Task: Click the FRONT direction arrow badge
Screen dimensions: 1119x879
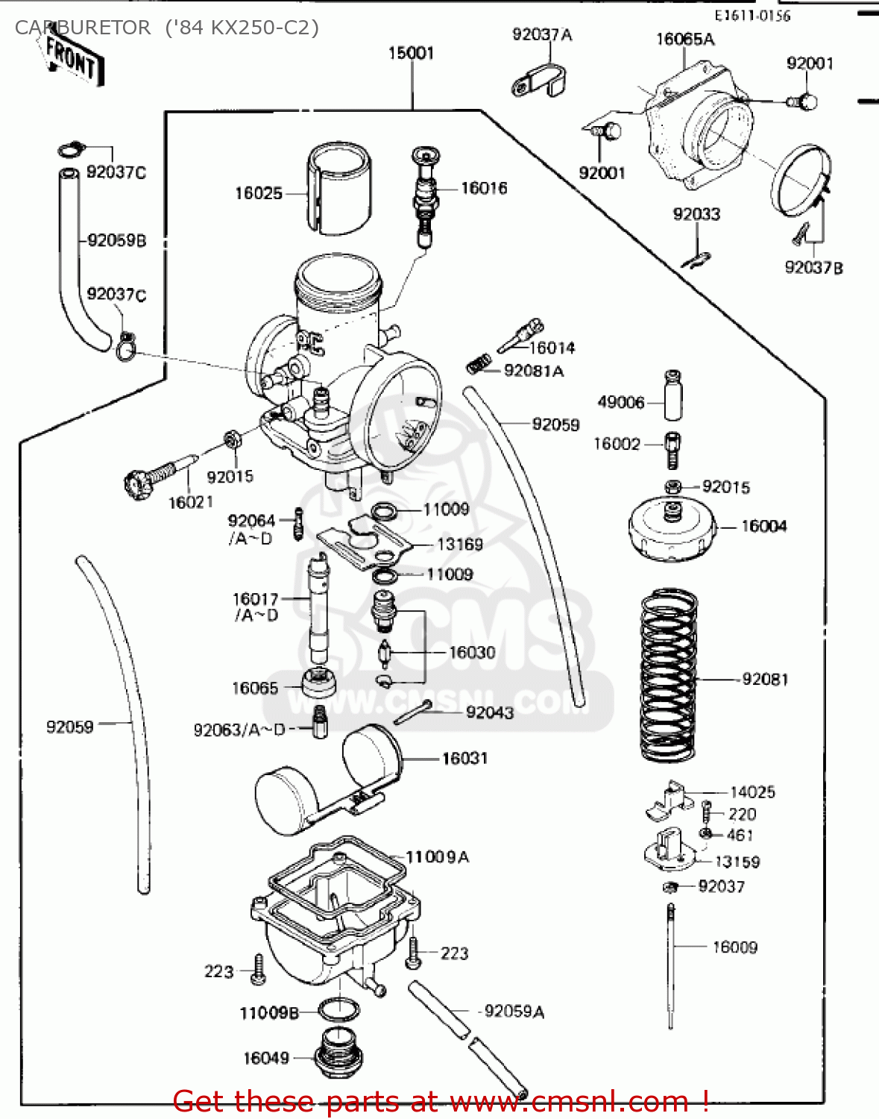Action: (x=71, y=60)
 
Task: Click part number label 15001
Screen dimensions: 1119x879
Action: (x=411, y=53)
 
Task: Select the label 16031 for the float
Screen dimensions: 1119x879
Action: (x=464, y=759)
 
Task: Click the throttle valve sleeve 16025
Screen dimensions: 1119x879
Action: (x=339, y=188)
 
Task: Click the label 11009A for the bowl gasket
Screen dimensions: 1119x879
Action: (x=438, y=857)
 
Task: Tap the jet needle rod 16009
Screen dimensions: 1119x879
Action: (x=670, y=966)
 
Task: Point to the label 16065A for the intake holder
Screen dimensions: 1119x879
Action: (x=684, y=40)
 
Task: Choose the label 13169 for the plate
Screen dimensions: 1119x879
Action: (x=459, y=545)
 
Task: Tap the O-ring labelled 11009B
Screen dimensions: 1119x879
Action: (x=338, y=1011)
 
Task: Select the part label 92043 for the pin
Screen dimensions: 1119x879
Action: (x=489, y=712)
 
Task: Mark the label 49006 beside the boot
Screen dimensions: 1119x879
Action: (x=620, y=402)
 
